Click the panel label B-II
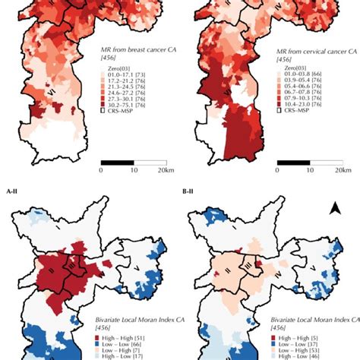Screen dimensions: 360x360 tap(194, 192)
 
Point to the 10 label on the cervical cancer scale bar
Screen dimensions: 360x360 tap(315, 171)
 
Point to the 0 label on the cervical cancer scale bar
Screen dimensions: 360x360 tap(283, 171)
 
